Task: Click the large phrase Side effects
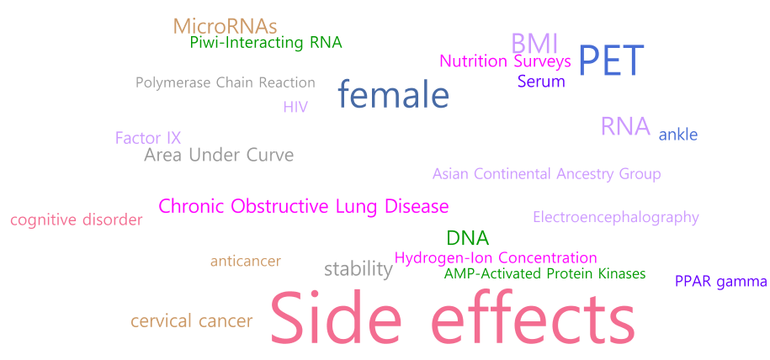click(x=452, y=318)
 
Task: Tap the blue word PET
click(x=611, y=61)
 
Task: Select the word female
click(x=393, y=95)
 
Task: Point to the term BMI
click(x=534, y=45)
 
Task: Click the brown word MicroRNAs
click(x=225, y=26)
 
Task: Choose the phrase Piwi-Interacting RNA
click(x=266, y=43)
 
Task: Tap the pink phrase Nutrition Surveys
click(x=505, y=61)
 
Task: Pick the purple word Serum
click(x=541, y=81)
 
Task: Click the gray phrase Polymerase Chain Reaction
click(x=226, y=82)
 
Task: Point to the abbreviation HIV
click(x=295, y=107)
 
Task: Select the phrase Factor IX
click(x=148, y=138)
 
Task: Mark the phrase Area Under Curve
click(x=219, y=156)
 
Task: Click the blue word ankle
click(x=678, y=135)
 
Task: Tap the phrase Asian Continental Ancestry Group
click(x=546, y=174)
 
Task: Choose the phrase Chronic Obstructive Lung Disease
click(x=304, y=206)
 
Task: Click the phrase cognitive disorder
click(x=77, y=220)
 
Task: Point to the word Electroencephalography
click(x=616, y=217)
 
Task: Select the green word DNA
click(x=468, y=238)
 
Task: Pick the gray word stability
click(x=358, y=269)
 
